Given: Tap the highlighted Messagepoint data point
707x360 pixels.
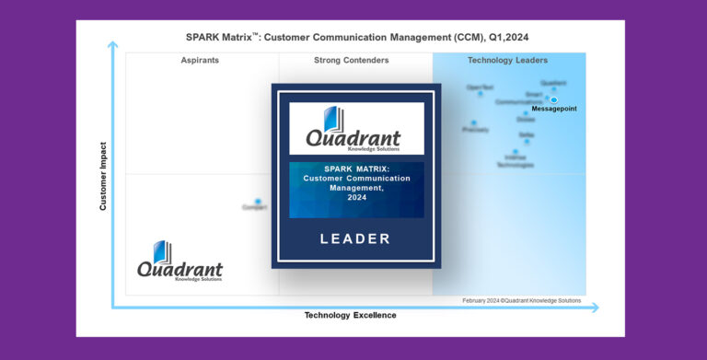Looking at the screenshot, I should (554, 99).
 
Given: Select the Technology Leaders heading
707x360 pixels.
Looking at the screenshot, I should (507, 61).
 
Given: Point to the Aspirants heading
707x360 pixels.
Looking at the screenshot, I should (201, 61).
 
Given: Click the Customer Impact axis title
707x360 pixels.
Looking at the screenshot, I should (103, 176).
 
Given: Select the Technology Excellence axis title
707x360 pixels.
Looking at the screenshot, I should (350, 315).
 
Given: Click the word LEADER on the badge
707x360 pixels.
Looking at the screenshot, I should (355, 238).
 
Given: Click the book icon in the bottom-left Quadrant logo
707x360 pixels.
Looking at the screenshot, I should (162, 251).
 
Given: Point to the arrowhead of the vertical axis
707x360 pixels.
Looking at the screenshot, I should (112, 44).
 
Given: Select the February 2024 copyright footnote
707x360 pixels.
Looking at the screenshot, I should (523, 300).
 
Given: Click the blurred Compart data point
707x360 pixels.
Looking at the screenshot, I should (258, 201).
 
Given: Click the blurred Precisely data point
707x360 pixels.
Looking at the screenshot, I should (474, 122).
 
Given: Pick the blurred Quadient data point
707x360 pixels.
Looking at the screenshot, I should (553, 88).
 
